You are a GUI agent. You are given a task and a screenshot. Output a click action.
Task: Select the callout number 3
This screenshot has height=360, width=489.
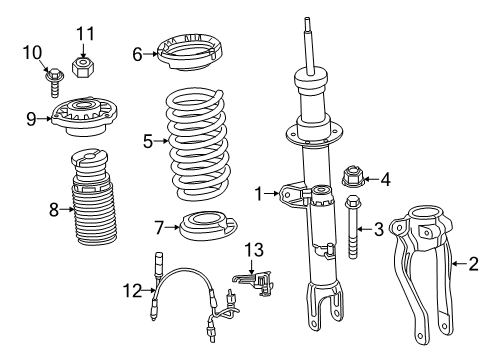click(379, 229)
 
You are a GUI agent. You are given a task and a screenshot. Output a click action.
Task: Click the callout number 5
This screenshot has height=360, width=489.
click(148, 142)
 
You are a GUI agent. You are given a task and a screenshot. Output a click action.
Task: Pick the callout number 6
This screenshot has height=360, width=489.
click(137, 54)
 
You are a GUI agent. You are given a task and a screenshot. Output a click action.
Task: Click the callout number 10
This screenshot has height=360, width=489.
click(32, 52)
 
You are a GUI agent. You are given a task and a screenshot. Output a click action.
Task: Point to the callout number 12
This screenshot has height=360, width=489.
click(128, 290)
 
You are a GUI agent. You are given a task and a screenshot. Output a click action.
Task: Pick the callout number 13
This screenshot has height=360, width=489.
click(255, 249)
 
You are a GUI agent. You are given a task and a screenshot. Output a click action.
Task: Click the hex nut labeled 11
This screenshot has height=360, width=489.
click(83, 68)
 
